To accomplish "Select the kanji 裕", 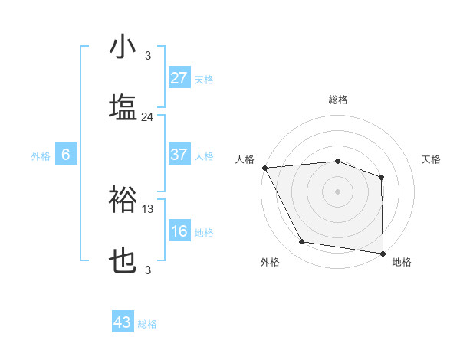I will (x=123, y=199).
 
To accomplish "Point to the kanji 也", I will (x=123, y=261).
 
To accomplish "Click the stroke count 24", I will (x=148, y=117).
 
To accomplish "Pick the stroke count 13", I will (x=148, y=208).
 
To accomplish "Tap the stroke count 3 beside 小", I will (x=148, y=56).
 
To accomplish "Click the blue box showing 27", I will (x=179, y=77).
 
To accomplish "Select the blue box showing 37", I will (x=179, y=155).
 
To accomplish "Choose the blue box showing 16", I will (x=179, y=231).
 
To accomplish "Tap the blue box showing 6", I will (x=66, y=155).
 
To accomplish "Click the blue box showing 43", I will (x=123, y=322).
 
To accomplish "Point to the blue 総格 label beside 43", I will (x=147, y=324).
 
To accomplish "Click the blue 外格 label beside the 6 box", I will (x=41, y=156).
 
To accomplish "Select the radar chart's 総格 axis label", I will (x=337, y=100).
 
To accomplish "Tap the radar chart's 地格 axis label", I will (x=402, y=262).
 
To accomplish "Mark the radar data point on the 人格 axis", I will (x=264, y=167).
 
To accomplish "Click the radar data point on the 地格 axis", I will (x=383, y=254).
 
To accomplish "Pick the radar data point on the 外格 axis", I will (x=302, y=242).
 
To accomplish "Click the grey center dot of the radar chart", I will (x=337, y=191).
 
